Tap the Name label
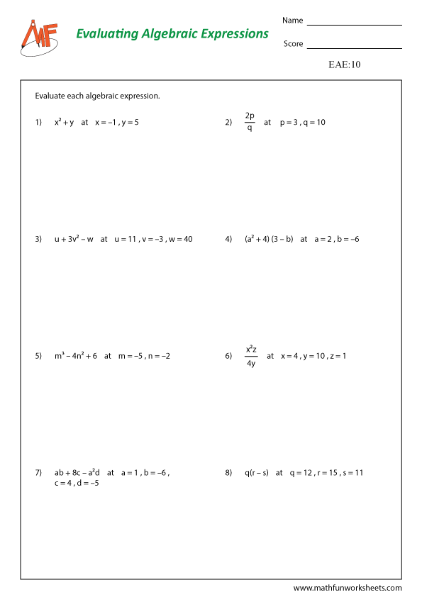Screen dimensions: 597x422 [292, 21]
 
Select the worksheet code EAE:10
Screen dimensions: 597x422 [345, 65]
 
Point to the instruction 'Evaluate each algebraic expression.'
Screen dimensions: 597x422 [97, 96]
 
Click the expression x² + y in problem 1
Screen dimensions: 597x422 [65, 122]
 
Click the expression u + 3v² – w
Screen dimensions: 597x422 [74, 239]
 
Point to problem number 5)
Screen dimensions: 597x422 [38, 355]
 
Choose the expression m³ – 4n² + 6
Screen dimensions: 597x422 [75, 355]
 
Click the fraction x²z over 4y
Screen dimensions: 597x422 [251, 356]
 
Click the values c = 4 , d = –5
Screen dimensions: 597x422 [77, 484]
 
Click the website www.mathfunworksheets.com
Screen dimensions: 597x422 [348, 588]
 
